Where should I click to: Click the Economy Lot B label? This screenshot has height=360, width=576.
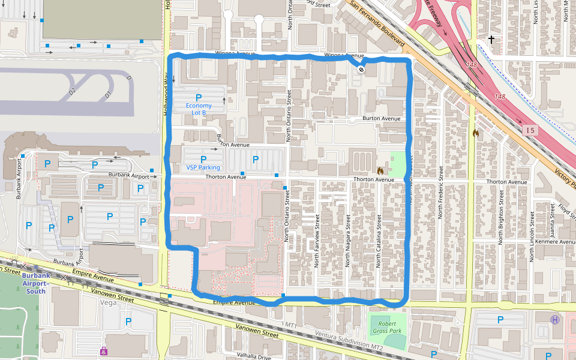click(x=198, y=109)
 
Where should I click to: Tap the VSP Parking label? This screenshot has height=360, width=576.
click(x=203, y=167)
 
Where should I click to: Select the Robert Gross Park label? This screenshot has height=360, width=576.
click(x=386, y=327)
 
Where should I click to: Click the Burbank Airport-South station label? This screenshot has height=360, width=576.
click(x=36, y=283)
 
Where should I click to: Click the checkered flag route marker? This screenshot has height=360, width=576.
click(x=361, y=70)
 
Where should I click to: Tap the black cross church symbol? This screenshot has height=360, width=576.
click(x=491, y=40)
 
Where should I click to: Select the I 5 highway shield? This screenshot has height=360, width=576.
click(x=529, y=130)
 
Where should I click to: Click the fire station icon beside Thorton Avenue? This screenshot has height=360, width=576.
click(x=380, y=170)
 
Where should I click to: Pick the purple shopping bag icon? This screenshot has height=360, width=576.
click(x=104, y=351)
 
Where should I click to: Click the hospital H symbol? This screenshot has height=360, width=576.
click(x=555, y=320)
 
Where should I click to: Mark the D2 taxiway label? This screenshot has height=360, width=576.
click(x=72, y=92)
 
